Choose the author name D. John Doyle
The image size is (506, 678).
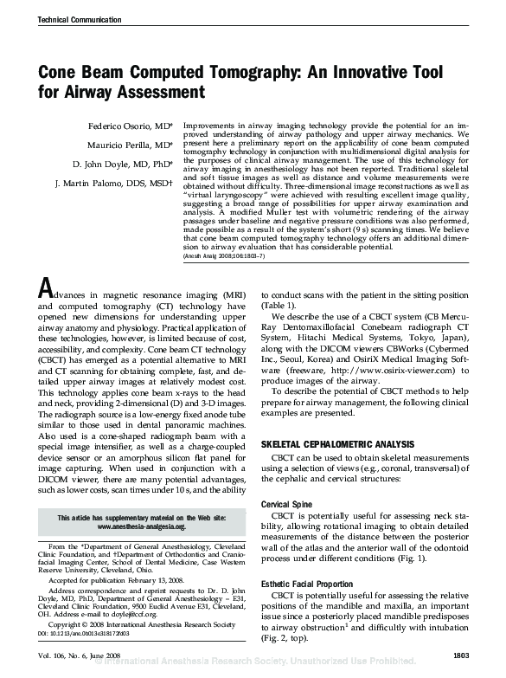point(122,164)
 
